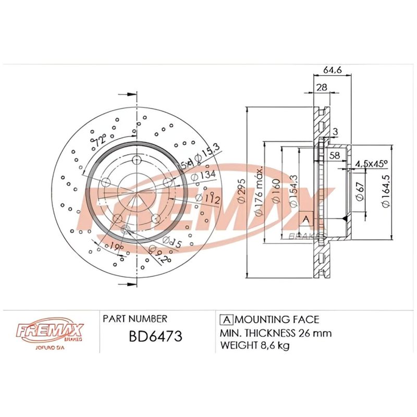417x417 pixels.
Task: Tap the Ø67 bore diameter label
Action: (360, 193)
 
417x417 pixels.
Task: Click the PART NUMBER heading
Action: (135, 318)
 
